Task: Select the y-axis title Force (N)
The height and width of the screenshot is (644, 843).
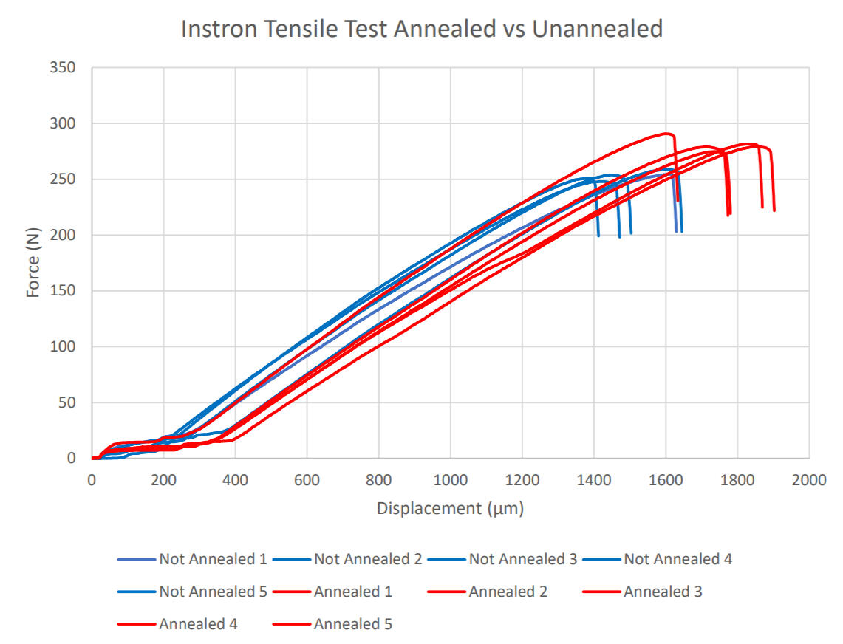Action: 33,262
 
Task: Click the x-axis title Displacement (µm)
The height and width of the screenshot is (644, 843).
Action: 450,508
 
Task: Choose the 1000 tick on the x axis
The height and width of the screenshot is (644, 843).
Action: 450,479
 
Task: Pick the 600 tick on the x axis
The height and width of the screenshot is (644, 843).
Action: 307,479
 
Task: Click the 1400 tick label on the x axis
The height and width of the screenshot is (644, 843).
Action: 593,479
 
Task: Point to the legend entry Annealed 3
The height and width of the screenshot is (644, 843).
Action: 662,592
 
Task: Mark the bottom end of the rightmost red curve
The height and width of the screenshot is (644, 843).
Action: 774,211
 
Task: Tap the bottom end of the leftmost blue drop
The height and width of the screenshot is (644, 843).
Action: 598,236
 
